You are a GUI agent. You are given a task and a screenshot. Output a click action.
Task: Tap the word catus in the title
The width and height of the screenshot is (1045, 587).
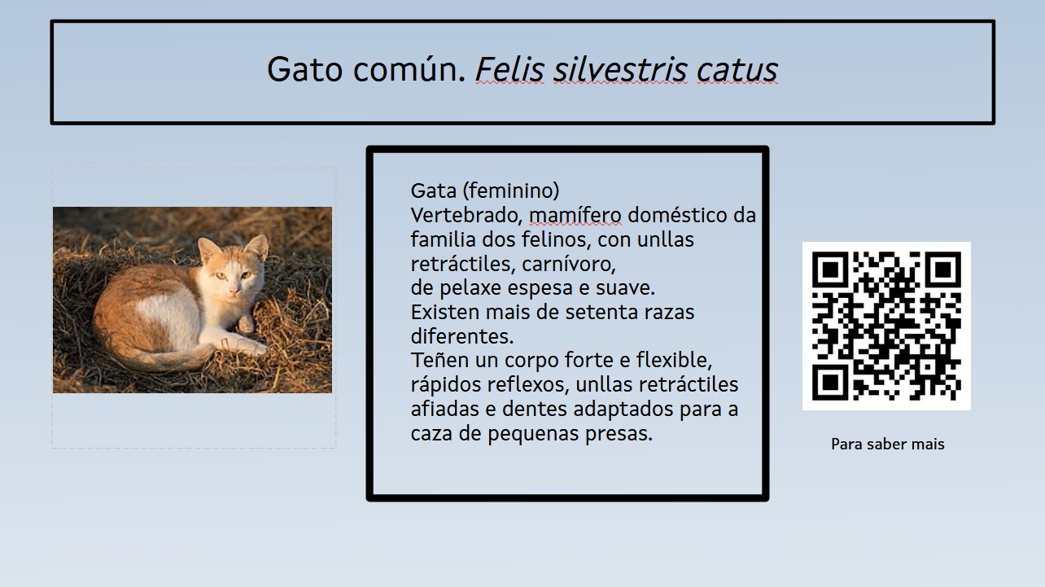pos(737,70)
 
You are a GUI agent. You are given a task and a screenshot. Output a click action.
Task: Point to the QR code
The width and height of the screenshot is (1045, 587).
pos(886,326)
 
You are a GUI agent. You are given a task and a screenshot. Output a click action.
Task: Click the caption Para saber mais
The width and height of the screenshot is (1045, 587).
pos(887,445)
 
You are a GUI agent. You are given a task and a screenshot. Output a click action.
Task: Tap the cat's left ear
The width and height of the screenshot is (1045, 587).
pos(208,246)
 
